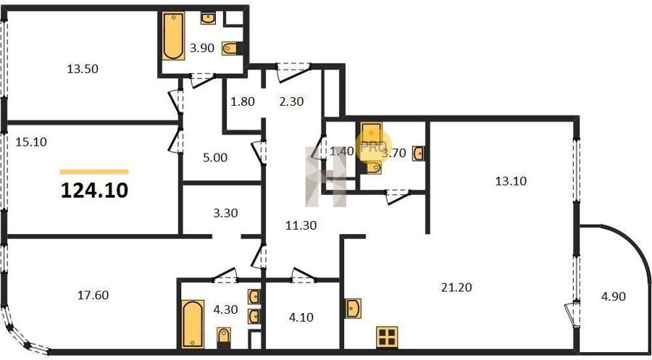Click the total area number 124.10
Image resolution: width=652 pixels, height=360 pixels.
(x=94, y=191)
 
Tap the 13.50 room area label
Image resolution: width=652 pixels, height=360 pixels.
(x=83, y=69)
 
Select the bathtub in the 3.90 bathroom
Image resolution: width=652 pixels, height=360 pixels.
(x=173, y=36)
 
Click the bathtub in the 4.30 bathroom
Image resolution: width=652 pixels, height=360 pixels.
(x=193, y=324)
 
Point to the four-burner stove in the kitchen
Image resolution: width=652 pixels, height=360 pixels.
(x=387, y=337)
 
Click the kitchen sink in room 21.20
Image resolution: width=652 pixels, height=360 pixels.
(x=353, y=309)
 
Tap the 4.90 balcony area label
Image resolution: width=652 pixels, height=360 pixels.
(x=614, y=296)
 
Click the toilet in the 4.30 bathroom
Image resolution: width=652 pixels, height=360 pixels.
(x=224, y=335)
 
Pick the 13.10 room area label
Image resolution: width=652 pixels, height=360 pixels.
(x=511, y=181)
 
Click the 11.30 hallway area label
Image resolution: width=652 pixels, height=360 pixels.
(x=301, y=225)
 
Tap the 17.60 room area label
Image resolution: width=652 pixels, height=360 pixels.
(x=93, y=295)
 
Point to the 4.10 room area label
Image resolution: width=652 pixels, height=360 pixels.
(x=301, y=317)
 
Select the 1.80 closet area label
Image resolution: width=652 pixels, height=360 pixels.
(x=243, y=101)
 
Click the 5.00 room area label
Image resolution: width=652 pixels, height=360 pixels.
(x=215, y=158)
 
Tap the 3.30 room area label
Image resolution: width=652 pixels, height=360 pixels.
(x=225, y=213)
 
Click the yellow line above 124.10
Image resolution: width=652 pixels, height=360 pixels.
(x=94, y=172)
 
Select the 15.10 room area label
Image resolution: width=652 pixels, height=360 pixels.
(x=31, y=142)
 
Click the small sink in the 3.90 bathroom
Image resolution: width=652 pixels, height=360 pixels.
(x=208, y=18)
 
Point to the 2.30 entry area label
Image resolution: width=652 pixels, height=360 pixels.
(x=291, y=101)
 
